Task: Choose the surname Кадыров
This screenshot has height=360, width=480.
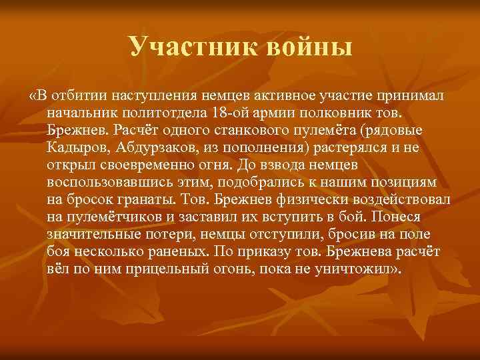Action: click(x=75, y=146)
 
